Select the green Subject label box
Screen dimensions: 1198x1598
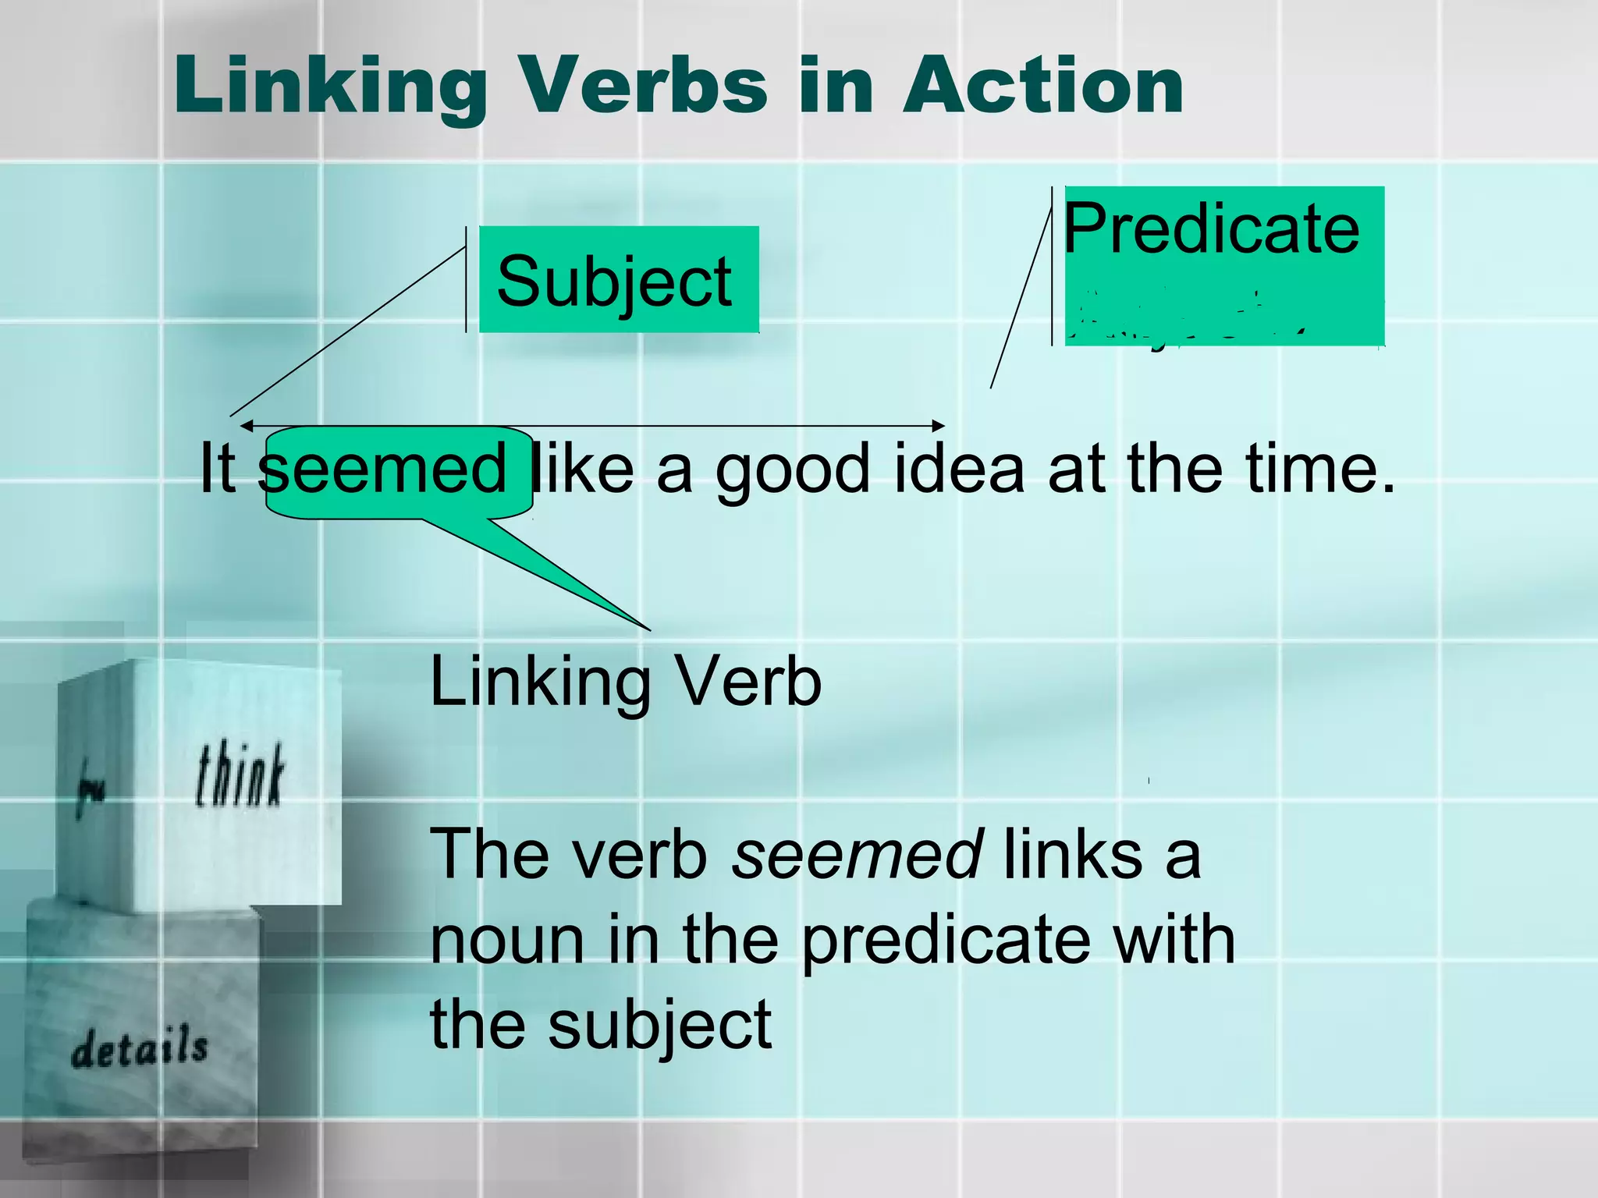point(618,280)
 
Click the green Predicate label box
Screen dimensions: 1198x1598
point(1223,265)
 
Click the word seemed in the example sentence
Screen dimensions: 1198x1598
point(384,470)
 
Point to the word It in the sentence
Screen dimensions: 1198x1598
point(217,470)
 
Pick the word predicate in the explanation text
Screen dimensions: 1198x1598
point(945,941)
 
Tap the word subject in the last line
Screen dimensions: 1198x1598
point(659,1025)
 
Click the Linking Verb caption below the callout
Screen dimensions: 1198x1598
point(626,682)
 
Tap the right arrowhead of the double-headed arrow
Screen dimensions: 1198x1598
point(939,426)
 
